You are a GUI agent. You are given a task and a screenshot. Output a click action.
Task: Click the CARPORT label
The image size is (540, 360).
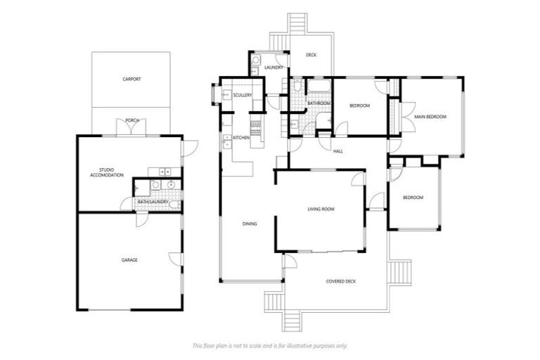(x=131, y=79)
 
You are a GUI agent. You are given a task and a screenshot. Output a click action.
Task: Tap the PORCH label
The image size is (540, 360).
(x=131, y=120)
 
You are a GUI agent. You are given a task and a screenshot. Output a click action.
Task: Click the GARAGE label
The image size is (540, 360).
(x=129, y=259)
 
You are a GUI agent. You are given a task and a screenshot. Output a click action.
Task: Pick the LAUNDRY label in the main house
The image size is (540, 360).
(x=274, y=67)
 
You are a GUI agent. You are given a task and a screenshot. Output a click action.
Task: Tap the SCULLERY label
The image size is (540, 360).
(x=243, y=95)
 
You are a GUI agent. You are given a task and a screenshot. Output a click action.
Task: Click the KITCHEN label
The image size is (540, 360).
(x=241, y=138)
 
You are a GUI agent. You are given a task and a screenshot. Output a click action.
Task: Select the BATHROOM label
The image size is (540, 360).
(x=319, y=103)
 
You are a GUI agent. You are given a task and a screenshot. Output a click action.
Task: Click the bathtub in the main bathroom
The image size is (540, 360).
(x=319, y=87)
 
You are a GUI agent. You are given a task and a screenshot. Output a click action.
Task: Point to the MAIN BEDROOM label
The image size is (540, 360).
(x=430, y=116)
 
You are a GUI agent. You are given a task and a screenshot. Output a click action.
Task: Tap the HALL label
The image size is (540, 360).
(x=337, y=151)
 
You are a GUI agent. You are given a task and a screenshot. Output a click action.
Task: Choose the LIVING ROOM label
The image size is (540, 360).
(x=321, y=209)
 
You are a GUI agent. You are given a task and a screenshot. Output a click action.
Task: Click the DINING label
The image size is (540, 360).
(x=250, y=224)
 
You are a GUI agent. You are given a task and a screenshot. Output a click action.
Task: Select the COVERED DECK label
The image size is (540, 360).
(x=341, y=281)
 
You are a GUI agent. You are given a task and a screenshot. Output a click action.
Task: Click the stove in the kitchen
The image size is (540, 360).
(x=256, y=127)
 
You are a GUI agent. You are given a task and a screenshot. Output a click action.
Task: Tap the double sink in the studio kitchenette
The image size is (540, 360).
(x=165, y=171)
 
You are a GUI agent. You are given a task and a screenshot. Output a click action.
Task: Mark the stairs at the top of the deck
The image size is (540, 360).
(x=297, y=23)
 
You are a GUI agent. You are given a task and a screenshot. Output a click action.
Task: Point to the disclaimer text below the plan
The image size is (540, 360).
(x=270, y=345)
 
